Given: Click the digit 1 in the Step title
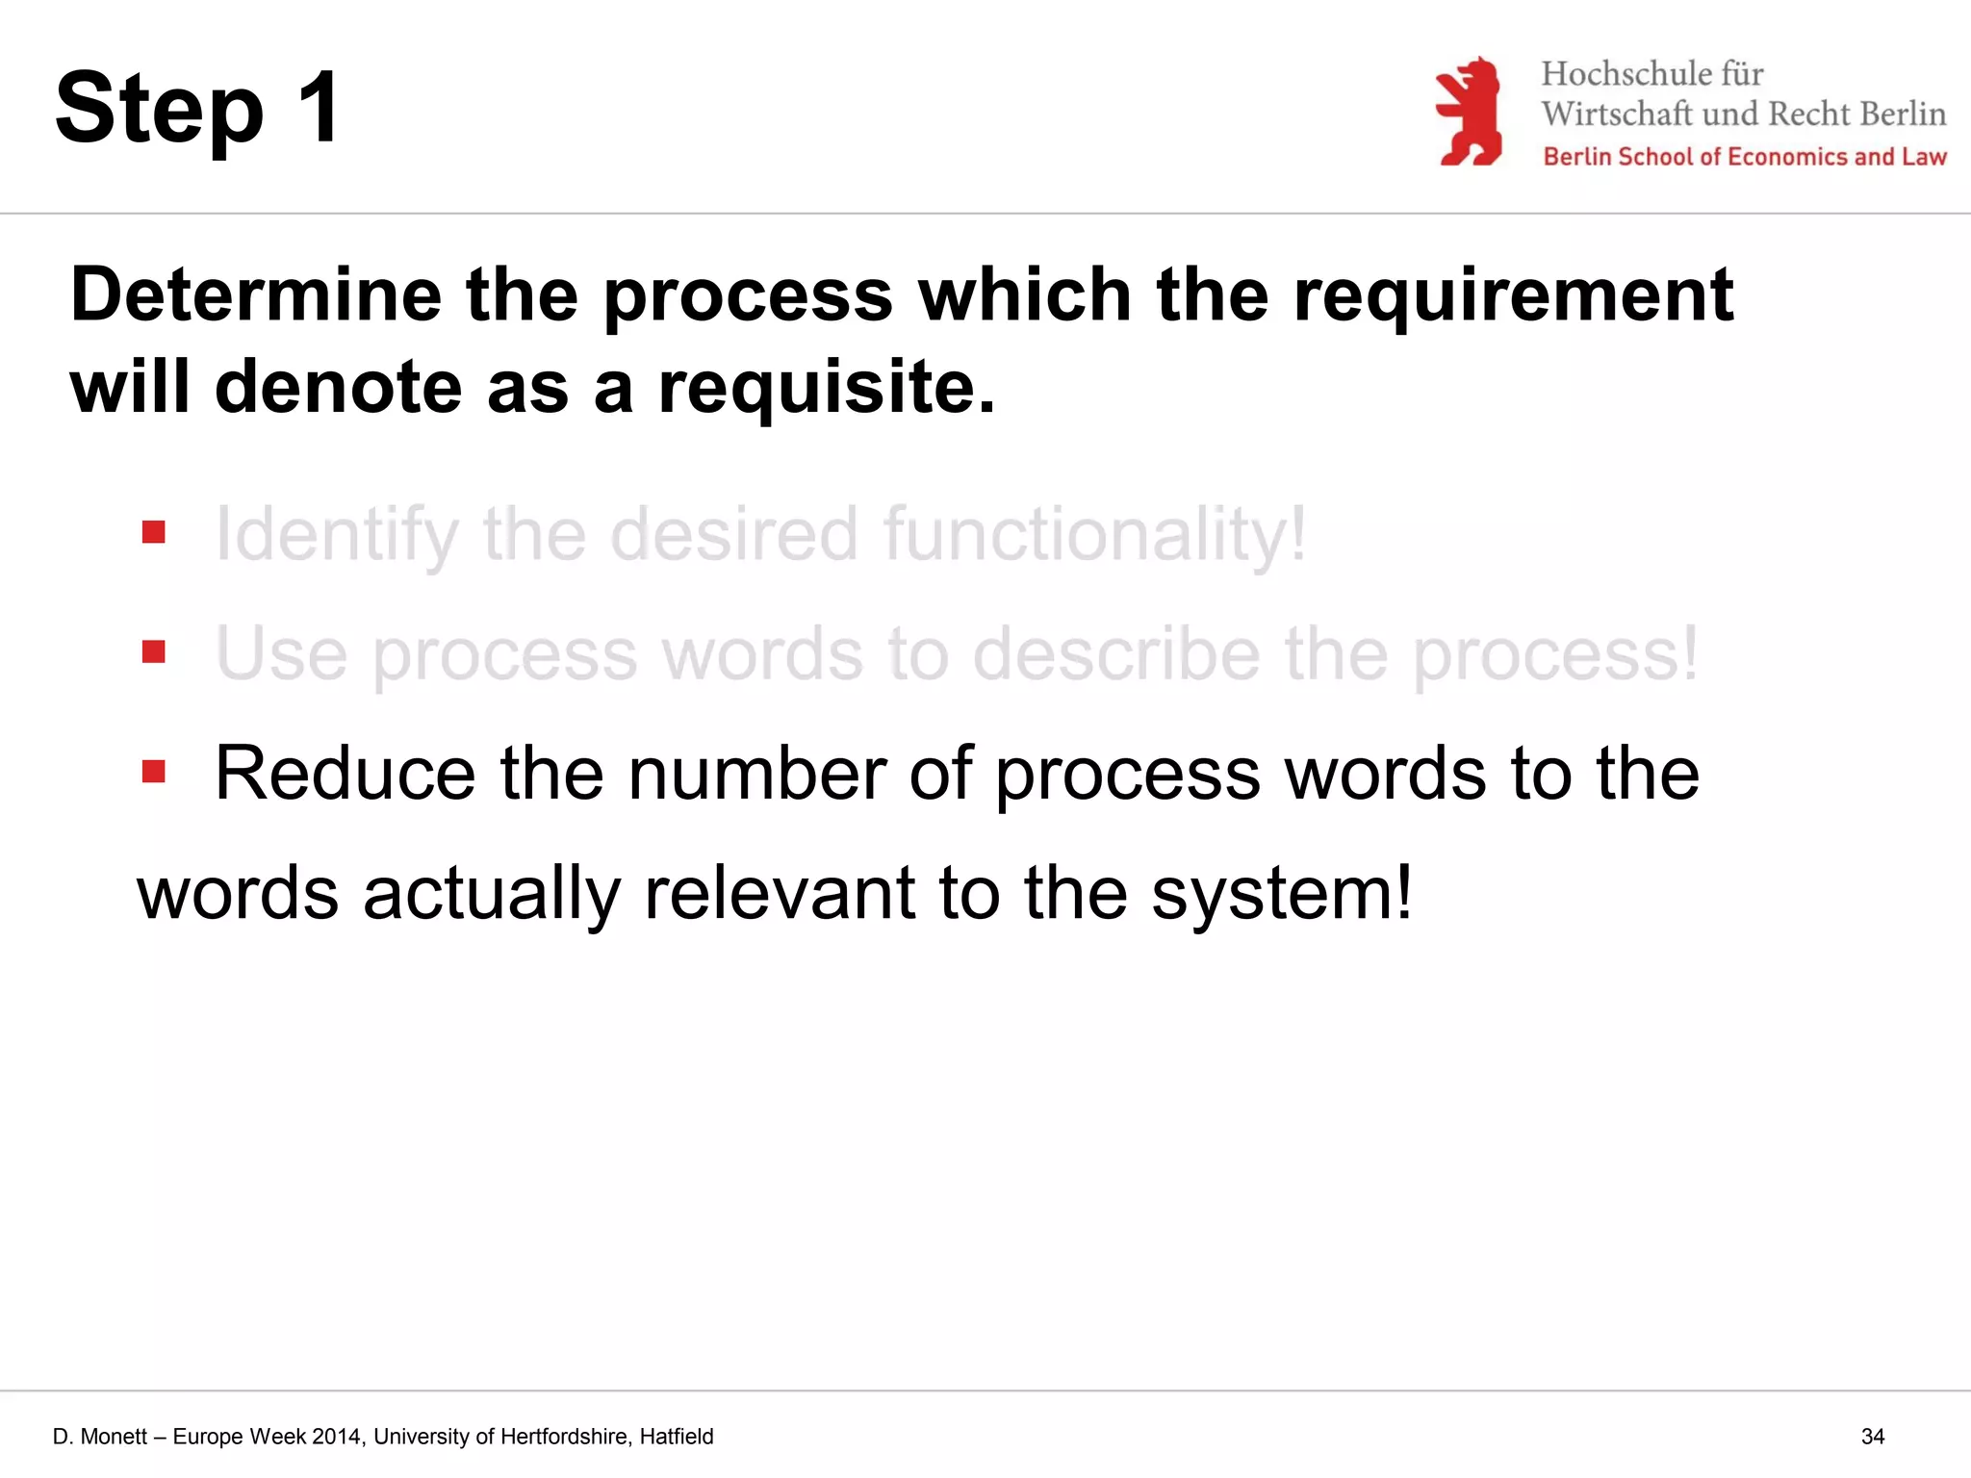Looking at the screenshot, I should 320,108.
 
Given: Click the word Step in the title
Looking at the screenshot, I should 159,111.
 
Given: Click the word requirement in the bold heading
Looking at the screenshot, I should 1513,294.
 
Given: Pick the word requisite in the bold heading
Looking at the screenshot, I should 826,387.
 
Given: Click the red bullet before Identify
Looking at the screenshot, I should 154,532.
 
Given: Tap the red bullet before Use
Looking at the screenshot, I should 154,652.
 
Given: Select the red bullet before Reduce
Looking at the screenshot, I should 154,772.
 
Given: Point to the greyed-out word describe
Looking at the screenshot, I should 1116,654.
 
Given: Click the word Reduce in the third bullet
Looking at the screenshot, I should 345,774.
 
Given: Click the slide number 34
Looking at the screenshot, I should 1873,1437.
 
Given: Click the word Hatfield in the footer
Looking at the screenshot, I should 677,1437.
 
